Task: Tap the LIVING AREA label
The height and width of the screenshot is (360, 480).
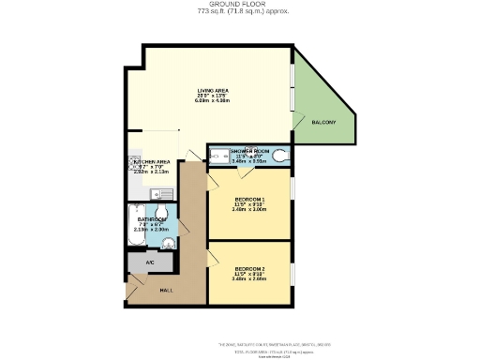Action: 213,90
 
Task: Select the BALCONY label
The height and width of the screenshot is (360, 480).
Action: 325,122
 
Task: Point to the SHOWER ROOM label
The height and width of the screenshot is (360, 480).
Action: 249,150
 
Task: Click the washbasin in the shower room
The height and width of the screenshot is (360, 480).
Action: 215,157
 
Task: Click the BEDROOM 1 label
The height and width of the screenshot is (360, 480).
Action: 249,200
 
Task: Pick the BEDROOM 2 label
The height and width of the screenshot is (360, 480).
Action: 249,269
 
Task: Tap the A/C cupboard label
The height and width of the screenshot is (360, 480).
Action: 150,262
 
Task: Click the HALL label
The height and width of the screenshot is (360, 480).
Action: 166,291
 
